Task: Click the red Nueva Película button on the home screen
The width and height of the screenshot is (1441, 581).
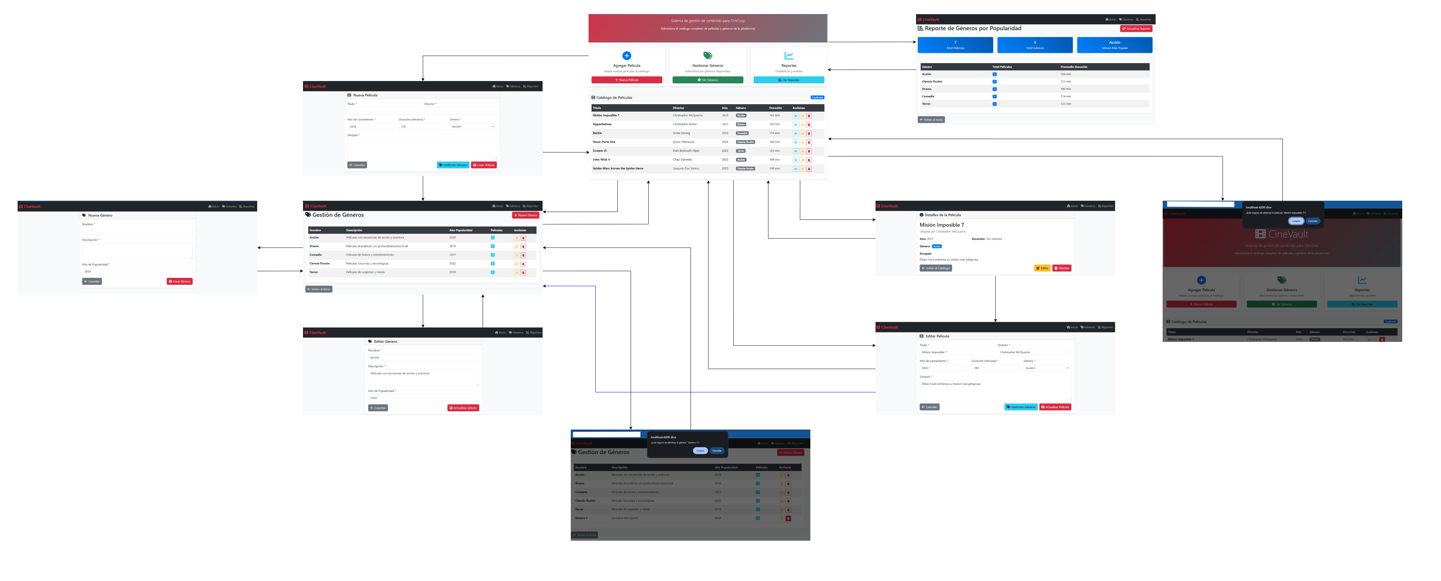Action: [x=626, y=80]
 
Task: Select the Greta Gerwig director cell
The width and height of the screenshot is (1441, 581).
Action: [x=681, y=133]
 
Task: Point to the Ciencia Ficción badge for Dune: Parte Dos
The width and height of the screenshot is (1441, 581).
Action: [x=745, y=142]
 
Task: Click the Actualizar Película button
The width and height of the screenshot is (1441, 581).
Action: [x=1055, y=407]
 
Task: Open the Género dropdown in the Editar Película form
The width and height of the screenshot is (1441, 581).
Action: [x=1047, y=368]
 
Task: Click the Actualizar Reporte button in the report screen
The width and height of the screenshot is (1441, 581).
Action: [x=1136, y=29]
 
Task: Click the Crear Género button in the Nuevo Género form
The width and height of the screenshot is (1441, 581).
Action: [x=180, y=281]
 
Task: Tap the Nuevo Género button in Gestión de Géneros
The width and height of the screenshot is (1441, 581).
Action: [x=525, y=215]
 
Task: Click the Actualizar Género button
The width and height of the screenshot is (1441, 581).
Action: [x=463, y=408]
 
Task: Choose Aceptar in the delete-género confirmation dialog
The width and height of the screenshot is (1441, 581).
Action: [x=700, y=451]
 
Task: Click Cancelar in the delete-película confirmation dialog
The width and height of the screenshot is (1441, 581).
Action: [x=1312, y=221]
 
